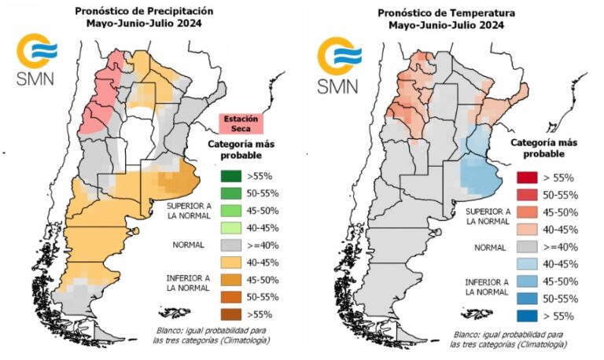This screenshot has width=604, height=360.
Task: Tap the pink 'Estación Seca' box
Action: click(241, 123)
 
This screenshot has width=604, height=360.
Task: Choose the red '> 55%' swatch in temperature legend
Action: click(532, 178)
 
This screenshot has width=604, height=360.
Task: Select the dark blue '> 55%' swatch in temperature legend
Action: click(532, 316)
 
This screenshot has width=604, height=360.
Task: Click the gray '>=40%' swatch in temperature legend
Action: click(532, 247)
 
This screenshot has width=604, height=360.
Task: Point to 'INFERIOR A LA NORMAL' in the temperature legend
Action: click(488, 286)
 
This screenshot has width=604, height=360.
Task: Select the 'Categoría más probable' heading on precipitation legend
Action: click(237, 149)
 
